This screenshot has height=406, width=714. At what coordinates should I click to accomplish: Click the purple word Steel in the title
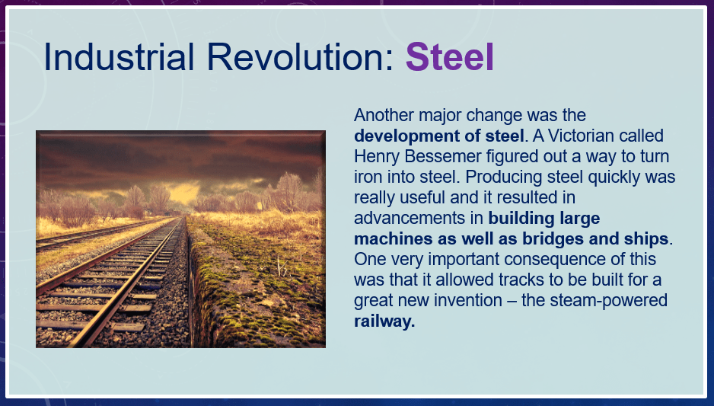coord(449,57)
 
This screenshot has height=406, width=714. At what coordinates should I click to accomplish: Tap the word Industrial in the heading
coord(119,57)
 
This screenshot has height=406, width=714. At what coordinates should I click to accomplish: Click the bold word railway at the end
coord(384,321)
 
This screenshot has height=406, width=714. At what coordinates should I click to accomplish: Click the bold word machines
coord(394,238)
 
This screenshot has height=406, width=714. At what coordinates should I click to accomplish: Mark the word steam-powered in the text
coord(608,301)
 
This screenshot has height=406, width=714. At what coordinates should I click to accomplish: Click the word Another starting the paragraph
coord(384,115)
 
